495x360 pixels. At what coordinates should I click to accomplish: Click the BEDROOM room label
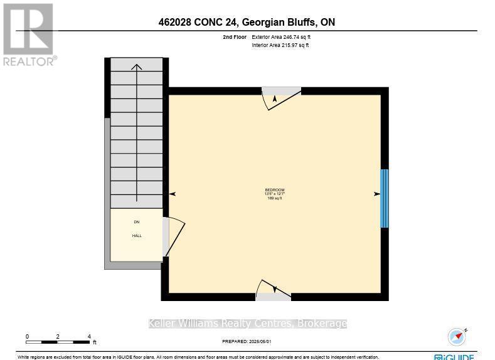pyautogui.click(x=275, y=190)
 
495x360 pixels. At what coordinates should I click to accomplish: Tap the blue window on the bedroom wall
pyautogui.click(x=385, y=198)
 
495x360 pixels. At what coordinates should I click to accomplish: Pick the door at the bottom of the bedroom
pyautogui.click(x=274, y=290)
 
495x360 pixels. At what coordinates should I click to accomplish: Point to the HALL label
pyautogui.click(x=137, y=236)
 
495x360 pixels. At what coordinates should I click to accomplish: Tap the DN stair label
pyautogui.click(x=137, y=222)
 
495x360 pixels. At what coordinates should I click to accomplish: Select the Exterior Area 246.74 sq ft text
pyautogui.click(x=280, y=38)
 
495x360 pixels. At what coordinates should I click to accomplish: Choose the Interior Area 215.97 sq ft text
pyautogui.click(x=280, y=45)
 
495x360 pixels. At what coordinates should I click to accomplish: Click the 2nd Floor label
pyautogui.click(x=226, y=38)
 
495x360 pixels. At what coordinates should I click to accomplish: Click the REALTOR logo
pyautogui.click(x=29, y=34)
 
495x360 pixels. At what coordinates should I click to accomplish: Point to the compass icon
pyautogui.click(x=457, y=336)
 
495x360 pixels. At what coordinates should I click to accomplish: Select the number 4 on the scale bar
pyautogui.click(x=90, y=337)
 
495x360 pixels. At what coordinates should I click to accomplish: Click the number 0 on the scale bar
pyautogui.click(x=27, y=337)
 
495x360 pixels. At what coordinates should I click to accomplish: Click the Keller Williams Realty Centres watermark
pyautogui.click(x=247, y=324)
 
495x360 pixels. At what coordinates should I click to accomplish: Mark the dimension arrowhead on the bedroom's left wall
pyautogui.click(x=173, y=194)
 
